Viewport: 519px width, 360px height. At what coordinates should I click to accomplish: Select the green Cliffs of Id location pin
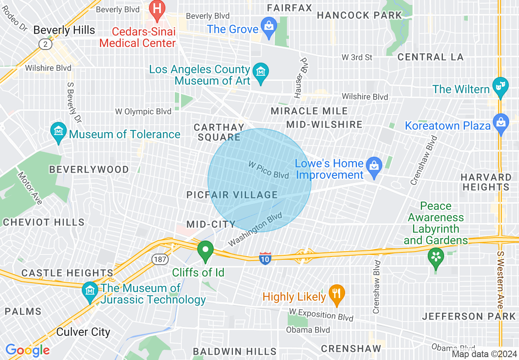tap(205, 250)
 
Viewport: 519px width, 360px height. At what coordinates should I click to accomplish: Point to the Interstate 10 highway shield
tap(265, 258)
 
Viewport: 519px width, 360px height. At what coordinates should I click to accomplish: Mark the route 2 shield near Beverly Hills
tap(43, 43)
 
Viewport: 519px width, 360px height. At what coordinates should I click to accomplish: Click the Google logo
tap(27, 350)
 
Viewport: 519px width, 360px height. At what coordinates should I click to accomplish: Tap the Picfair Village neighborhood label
tap(232, 195)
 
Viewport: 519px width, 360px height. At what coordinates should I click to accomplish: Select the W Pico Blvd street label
tap(269, 169)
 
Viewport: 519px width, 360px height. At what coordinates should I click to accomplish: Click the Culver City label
tap(83, 332)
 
